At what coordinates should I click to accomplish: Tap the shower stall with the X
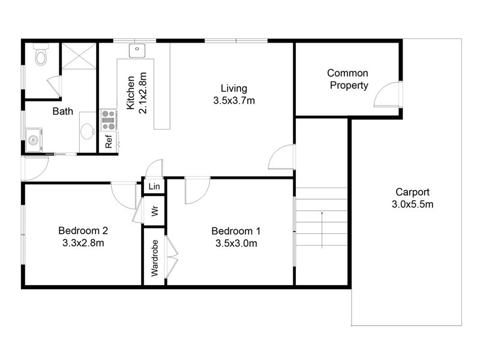point(79,56)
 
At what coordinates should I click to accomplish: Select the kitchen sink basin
point(137,50)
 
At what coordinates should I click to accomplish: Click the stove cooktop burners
point(109,119)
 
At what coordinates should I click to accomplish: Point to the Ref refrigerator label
point(109,142)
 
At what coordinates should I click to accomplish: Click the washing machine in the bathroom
point(34,140)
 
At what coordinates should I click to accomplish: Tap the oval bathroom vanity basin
point(87,131)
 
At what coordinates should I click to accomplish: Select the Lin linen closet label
point(154,186)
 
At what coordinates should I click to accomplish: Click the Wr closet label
point(155,211)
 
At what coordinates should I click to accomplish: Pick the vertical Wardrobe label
point(155,258)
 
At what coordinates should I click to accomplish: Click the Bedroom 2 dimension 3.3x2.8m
point(83,243)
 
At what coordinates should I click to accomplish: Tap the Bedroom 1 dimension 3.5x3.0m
point(236,244)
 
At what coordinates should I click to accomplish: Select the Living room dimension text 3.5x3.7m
point(234,100)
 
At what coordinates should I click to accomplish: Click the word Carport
point(412,192)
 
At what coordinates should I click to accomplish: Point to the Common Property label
point(348,79)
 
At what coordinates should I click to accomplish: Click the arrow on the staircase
point(322,230)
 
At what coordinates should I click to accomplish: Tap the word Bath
point(63,111)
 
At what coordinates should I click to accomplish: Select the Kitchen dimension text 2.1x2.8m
point(143,93)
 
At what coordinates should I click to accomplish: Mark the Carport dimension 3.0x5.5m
point(413,204)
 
